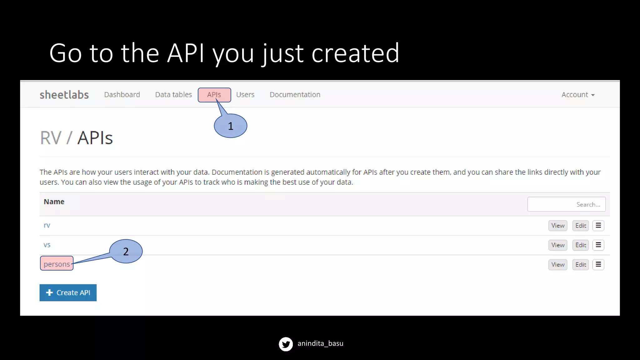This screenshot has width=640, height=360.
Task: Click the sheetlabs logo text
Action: [x=64, y=95]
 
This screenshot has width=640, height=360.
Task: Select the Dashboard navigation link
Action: [x=122, y=95]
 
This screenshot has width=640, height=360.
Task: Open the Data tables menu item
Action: [x=173, y=95]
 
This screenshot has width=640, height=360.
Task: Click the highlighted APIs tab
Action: [x=214, y=95]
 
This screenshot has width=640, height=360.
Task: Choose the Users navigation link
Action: [x=245, y=95]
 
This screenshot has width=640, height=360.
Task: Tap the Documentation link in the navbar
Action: [x=295, y=95]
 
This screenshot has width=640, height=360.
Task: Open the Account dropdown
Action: [x=578, y=95]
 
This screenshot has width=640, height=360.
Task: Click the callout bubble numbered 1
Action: [x=231, y=126]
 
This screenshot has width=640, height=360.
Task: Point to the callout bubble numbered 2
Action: [x=126, y=251]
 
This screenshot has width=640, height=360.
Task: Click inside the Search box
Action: [x=566, y=204]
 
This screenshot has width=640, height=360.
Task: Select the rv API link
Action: [x=47, y=225]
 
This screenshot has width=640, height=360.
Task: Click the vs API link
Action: [x=47, y=245]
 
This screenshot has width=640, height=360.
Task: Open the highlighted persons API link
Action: [x=57, y=264]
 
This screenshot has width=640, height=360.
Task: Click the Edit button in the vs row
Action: [x=580, y=245]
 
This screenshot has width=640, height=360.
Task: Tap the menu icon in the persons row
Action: [x=598, y=265]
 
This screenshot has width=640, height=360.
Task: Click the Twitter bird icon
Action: [x=286, y=344]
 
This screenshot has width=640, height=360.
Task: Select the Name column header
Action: [x=54, y=202]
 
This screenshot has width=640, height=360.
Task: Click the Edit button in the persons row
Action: [x=580, y=265]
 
